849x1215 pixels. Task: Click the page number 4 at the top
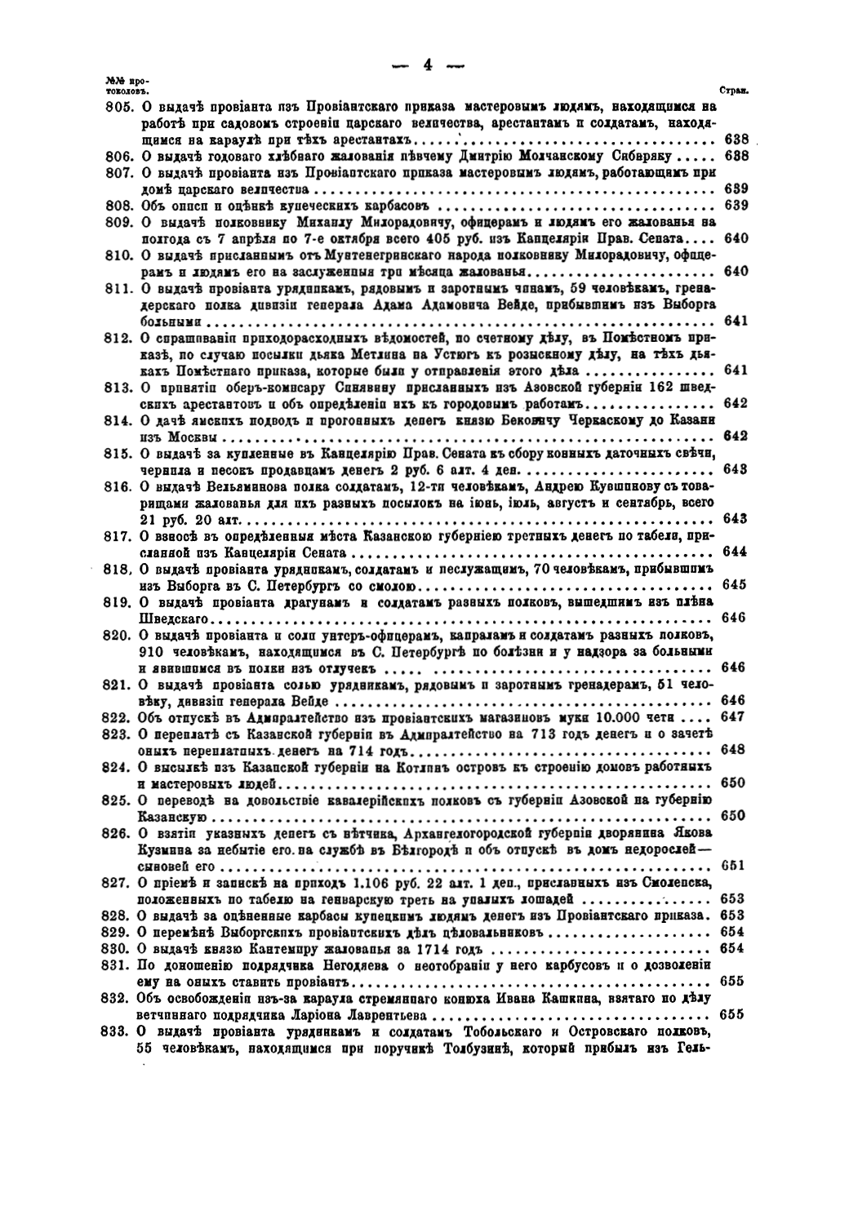[x=427, y=67]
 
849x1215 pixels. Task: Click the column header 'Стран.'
[x=727, y=92]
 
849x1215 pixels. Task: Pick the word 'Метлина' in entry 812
[x=365, y=355]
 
